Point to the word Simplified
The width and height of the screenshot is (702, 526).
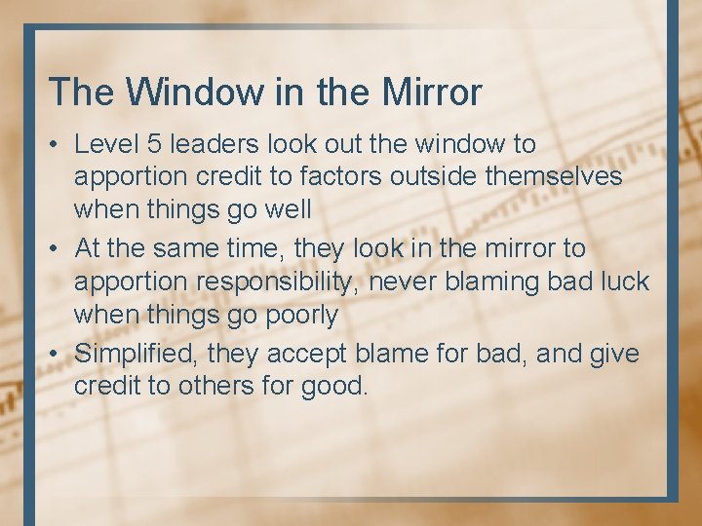point(136,353)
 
